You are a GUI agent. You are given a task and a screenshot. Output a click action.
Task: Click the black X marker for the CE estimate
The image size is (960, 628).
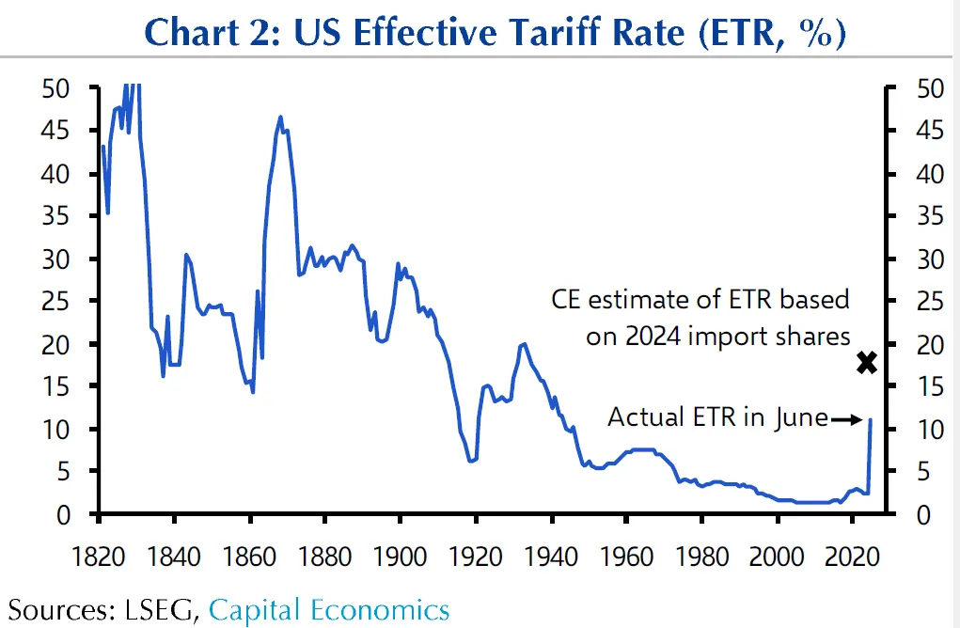tap(866, 362)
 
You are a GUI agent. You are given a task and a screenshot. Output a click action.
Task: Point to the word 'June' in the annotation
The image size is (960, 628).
tap(800, 416)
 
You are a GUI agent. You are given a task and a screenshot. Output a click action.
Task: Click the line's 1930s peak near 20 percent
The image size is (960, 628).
tap(523, 344)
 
